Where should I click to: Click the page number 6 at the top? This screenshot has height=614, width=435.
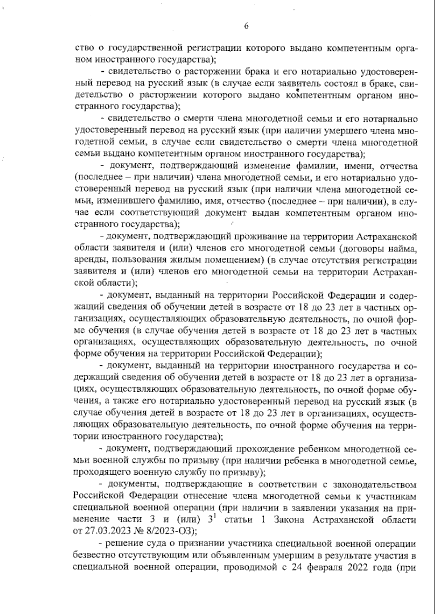pyautogui.click(x=246, y=26)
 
